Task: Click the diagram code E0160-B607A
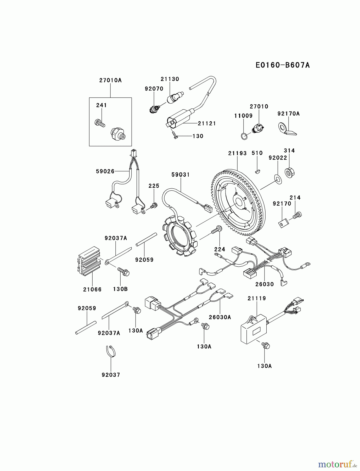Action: pos(283,65)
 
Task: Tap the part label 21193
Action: pos(237,153)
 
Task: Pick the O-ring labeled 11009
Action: pos(244,136)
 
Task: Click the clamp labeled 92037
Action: pos(111,351)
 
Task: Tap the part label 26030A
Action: pos(220,317)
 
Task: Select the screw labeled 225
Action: pos(154,206)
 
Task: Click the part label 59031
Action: pos(181,175)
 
